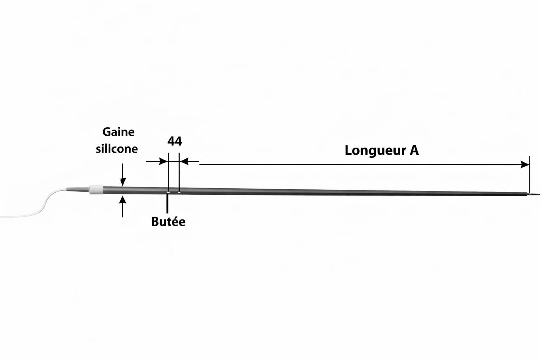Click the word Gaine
tap(118, 132)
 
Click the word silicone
tap(117, 149)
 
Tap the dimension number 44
tap(175, 141)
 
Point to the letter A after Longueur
tap(414, 150)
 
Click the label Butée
tap(168, 222)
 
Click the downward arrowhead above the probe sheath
tap(123, 182)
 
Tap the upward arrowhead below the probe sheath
tap(123, 200)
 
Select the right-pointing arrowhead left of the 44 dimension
tap(163, 161)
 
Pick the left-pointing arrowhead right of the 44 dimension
tap(184, 161)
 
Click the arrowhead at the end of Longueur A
tap(525, 165)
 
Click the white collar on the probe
tap(96, 189)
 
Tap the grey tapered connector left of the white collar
tap(78, 189)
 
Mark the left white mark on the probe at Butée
tap(167, 192)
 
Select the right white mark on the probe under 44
tap(179, 192)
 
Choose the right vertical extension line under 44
tap(179, 172)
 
